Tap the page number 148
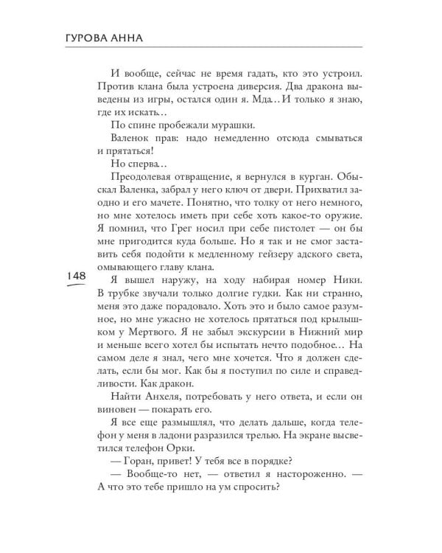[x=77, y=275]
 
